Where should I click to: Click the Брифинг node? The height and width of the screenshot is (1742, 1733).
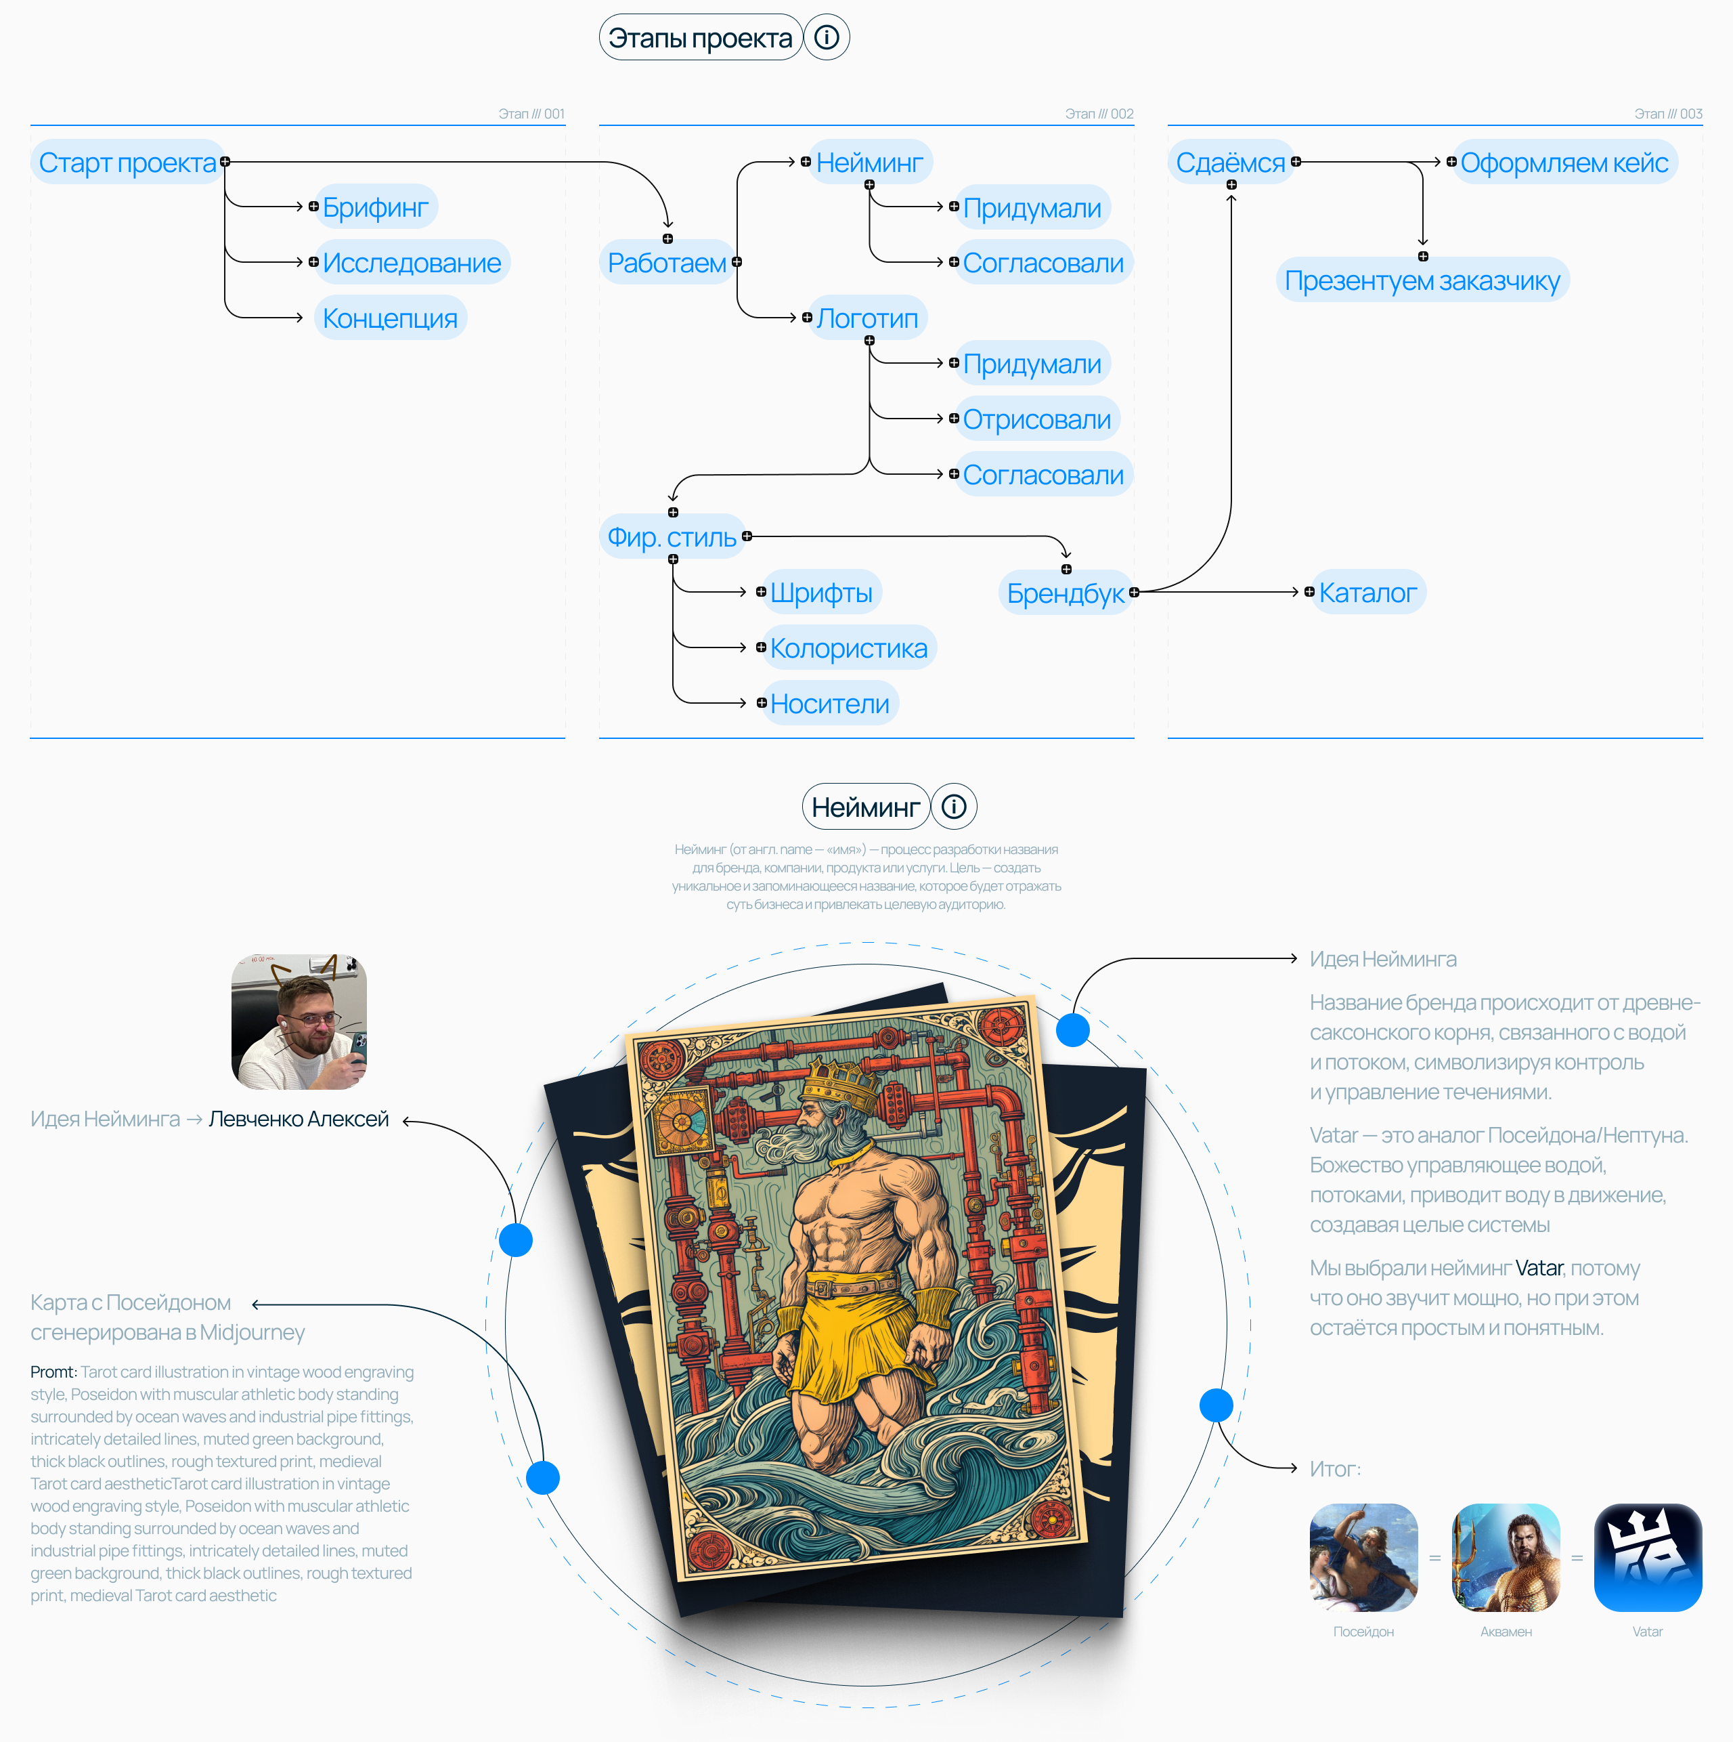coord(375,207)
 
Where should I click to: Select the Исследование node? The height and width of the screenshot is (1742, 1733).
coord(411,262)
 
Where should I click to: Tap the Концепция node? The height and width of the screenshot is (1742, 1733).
coord(389,318)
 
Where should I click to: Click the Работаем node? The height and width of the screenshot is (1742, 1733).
coord(666,262)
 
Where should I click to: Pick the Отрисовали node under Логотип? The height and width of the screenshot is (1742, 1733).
coord(1036,419)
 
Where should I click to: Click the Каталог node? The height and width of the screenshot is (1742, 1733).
coord(1367,593)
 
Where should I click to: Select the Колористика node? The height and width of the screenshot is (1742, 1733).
coord(848,648)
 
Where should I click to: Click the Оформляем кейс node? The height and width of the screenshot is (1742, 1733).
coord(1564,163)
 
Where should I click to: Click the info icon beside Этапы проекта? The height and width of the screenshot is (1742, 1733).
coord(827,37)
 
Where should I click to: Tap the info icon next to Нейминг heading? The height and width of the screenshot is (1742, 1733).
coord(953,806)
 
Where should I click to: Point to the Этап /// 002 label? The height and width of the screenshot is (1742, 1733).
coord(1099,114)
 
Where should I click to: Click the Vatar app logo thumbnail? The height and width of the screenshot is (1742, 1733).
coord(1648,1557)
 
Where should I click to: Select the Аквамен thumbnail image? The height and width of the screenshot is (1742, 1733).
coord(1505,1557)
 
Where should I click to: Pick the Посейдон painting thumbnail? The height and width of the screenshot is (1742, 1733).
coord(1363,1557)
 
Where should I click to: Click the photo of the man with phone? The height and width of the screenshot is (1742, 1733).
coord(299,1021)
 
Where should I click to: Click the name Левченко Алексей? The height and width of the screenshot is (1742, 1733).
coord(299,1119)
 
